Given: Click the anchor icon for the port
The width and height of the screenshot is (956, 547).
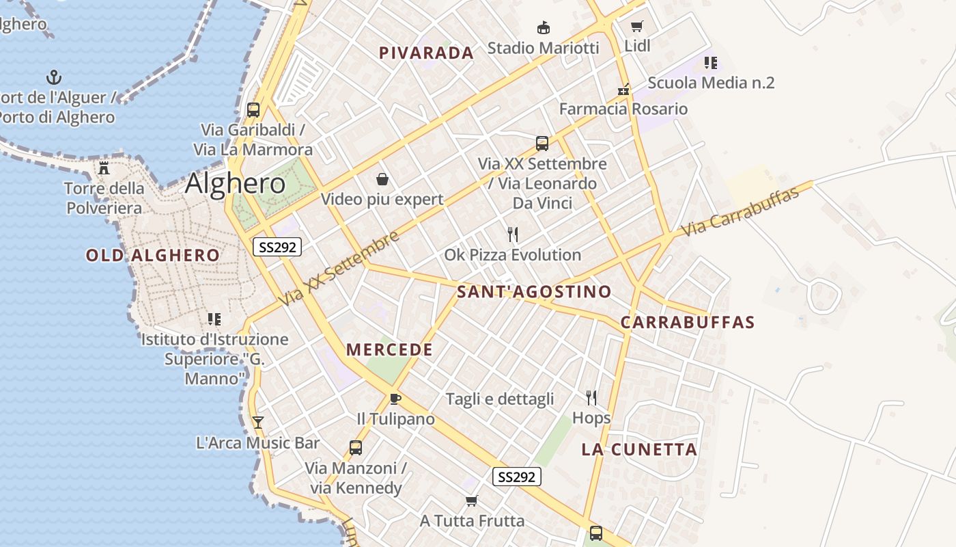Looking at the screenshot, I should tap(54, 77).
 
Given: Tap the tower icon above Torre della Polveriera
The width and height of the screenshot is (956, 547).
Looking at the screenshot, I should tap(104, 168).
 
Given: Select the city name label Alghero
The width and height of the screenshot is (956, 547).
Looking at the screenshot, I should tap(235, 183).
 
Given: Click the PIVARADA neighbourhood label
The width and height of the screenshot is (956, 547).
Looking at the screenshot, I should tap(426, 53).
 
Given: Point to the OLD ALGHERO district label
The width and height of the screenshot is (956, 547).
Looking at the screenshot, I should tap(153, 256).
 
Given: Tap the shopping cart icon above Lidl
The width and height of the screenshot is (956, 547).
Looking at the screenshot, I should tap(636, 27).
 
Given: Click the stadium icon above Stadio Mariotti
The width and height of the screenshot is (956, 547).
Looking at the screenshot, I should tap(543, 28).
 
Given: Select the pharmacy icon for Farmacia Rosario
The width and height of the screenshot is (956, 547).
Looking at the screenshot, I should tap(623, 90).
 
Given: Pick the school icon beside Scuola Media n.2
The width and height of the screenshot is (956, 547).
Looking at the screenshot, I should tap(711, 63).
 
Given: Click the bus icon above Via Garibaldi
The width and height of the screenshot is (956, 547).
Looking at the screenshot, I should tap(253, 109).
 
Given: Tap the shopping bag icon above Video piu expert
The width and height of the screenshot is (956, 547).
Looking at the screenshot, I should tap(382, 180).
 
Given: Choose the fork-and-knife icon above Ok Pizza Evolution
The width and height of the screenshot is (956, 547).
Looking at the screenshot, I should tap(513, 235).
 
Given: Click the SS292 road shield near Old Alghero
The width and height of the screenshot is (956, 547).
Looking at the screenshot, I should tap(277, 247).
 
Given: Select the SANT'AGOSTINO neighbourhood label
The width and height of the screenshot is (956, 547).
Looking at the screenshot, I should tap(534, 292).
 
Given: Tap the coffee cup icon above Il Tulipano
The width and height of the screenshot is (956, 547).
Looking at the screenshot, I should tap(395, 399).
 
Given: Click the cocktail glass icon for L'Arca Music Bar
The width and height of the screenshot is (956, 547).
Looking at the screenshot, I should tap(257, 422).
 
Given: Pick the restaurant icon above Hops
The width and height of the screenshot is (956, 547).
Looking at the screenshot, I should tap(591, 397).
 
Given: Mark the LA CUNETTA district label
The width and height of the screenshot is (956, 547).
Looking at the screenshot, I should tap(639, 449).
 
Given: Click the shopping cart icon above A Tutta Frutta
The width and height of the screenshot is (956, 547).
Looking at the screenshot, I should tap(471, 501).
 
